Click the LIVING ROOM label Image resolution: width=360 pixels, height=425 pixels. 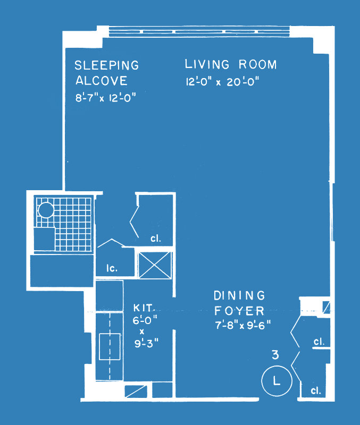click(231, 64)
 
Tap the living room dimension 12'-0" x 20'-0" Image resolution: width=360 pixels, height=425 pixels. click(222, 81)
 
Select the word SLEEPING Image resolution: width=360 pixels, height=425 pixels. click(106, 65)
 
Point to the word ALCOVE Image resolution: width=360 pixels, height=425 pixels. click(101, 81)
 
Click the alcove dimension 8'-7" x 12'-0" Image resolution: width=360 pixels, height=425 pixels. click(105, 97)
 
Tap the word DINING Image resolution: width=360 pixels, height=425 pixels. click(239, 295)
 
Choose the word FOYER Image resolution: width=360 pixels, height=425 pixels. click(239, 311)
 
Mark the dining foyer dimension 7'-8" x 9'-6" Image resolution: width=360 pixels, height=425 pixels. click(243, 325)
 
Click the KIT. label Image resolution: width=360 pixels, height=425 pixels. click(144, 308)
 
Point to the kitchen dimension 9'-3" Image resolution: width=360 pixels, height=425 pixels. click(146, 343)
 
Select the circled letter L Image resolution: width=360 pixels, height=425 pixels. click(277, 381)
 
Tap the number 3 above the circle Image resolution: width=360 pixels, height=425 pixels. click(275, 355)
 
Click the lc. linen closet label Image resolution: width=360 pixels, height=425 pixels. click(112, 268)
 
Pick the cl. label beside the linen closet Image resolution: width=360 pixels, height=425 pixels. click(156, 238)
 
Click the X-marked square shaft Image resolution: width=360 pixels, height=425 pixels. click(155, 265)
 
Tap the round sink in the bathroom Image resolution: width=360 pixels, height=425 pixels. click(46, 210)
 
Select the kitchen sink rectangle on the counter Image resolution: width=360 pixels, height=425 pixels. click(110, 347)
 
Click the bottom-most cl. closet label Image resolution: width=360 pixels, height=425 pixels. click(316, 390)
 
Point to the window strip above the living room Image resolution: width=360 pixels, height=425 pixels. click(199, 31)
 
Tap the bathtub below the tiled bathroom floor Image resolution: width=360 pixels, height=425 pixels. click(62, 270)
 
